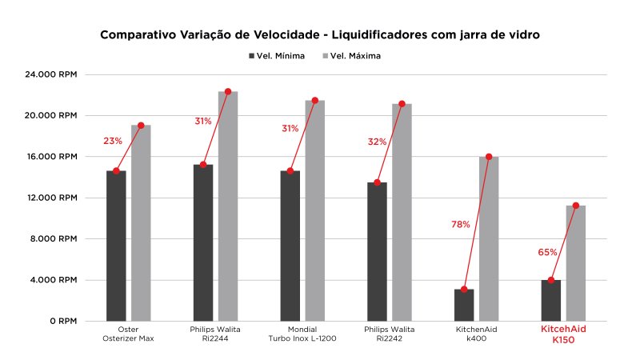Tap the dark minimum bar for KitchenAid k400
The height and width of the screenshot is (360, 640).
[x=465, y=305]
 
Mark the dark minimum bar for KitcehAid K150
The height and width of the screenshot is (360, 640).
[x=551, y=300]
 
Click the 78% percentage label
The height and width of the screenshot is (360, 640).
[x=461, y=225]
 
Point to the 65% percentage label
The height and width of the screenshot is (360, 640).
[x=547, y=252]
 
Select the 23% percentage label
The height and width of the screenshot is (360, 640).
[x=113, y=141]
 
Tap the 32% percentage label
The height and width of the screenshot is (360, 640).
[x=377, y=142]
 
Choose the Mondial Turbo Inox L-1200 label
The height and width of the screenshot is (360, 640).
[x=302, y=334]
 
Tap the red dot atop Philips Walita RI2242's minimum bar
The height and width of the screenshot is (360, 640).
[x=378, y=182]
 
